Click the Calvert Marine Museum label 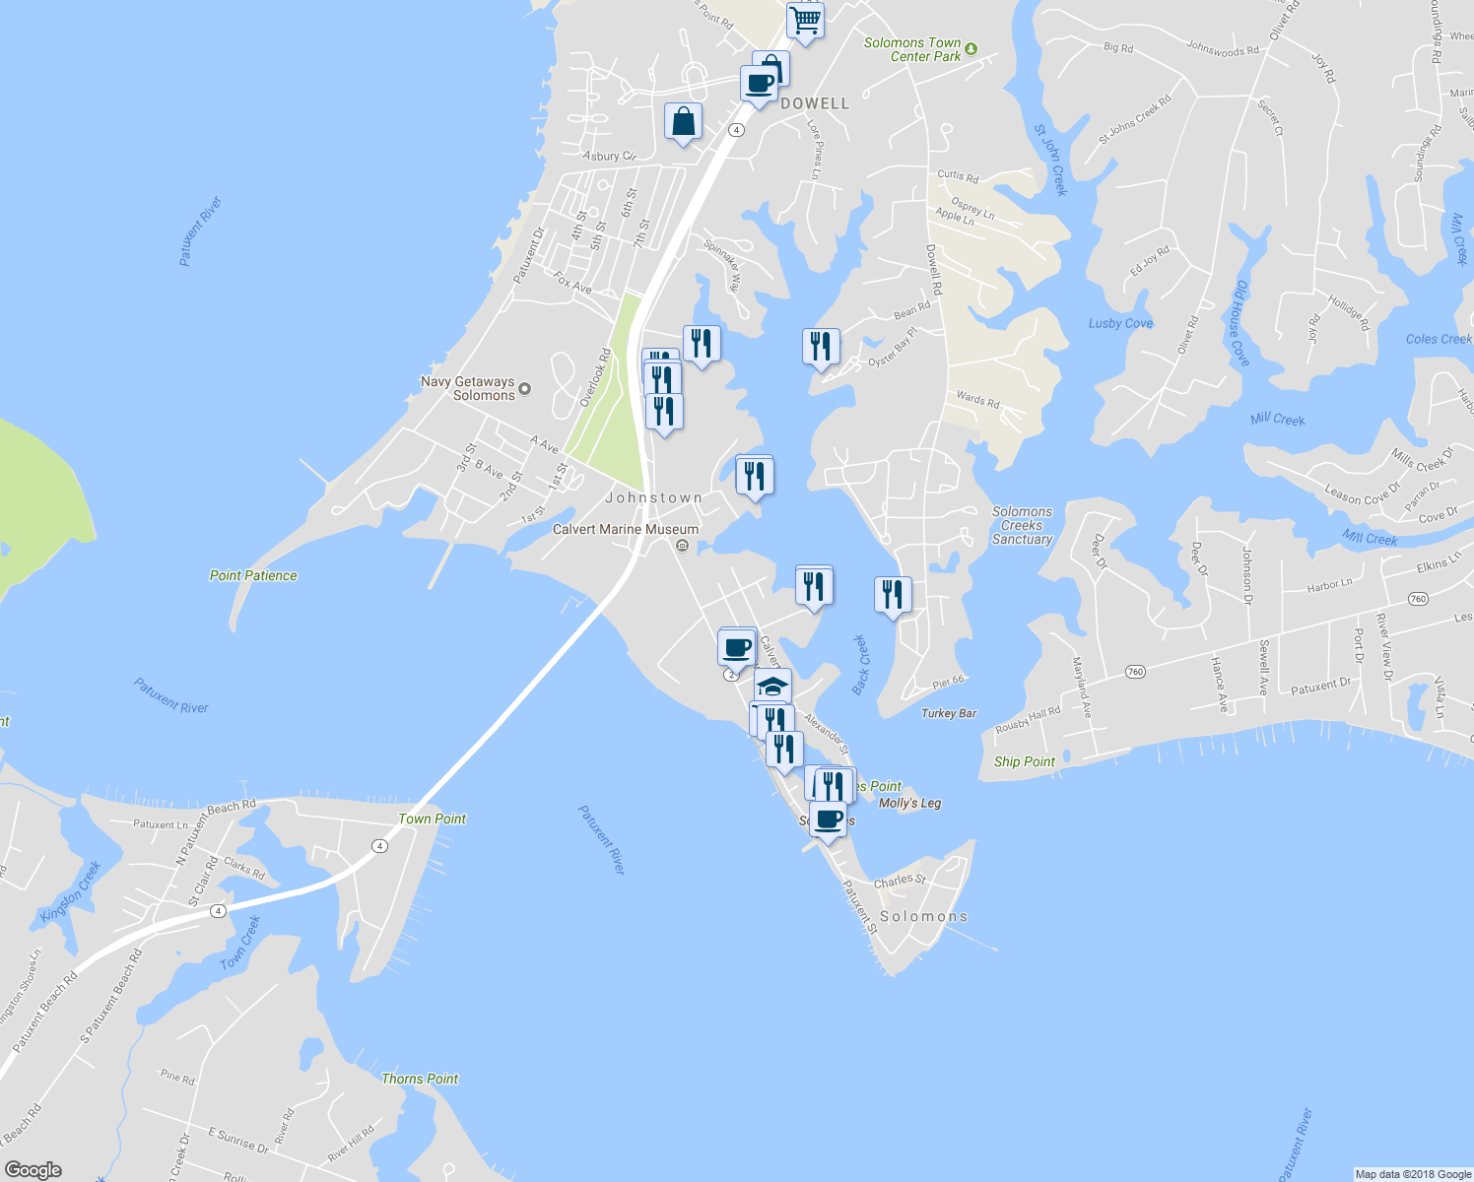pos(625,529)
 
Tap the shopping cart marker pos(805,20)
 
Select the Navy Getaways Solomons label pos(468,388)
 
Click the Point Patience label pos(253,575)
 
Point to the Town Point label pos(432,819)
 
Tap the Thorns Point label pos(420,1079)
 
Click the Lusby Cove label pos(1120,323)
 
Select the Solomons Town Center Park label pos(912,49)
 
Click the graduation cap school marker pos(772,686)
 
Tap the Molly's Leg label pos(909,803)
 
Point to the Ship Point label pos(1024,761)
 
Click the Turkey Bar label pos(949,713)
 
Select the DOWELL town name pos(815,103)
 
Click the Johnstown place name pos(654,497)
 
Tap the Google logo pos(33,1169)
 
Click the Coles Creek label pos(1438,339)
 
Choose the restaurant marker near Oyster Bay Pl pos(820,347)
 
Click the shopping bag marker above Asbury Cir pos(683,122)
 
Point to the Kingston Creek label pos(71,891)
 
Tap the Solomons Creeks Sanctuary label pos(1022,525)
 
